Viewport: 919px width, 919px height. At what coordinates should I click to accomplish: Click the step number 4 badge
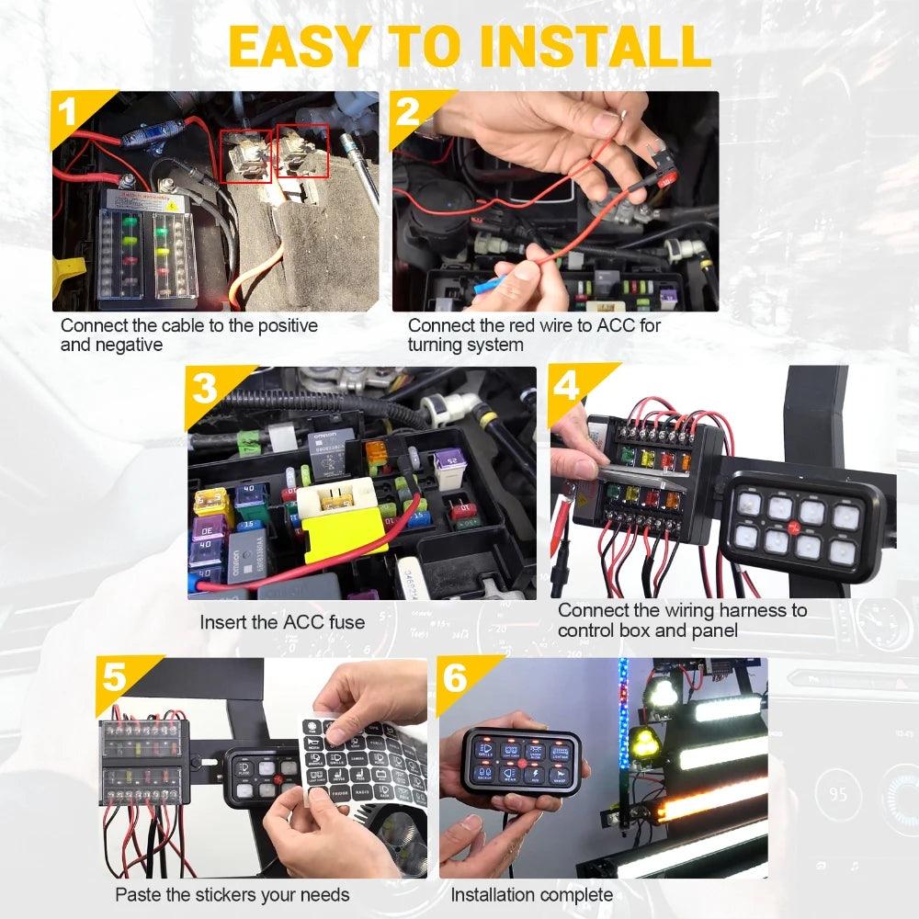tap(568, 386)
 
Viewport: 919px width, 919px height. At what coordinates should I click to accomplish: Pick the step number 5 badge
tap(116, 678)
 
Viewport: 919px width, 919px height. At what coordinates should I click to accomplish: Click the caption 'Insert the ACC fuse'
tap(282, 622)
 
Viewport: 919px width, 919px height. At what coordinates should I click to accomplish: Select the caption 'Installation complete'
tap(531, 894)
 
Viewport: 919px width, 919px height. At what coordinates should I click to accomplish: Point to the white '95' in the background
tap(837, 792)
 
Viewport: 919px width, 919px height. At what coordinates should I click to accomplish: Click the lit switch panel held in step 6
tap(520, 766)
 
